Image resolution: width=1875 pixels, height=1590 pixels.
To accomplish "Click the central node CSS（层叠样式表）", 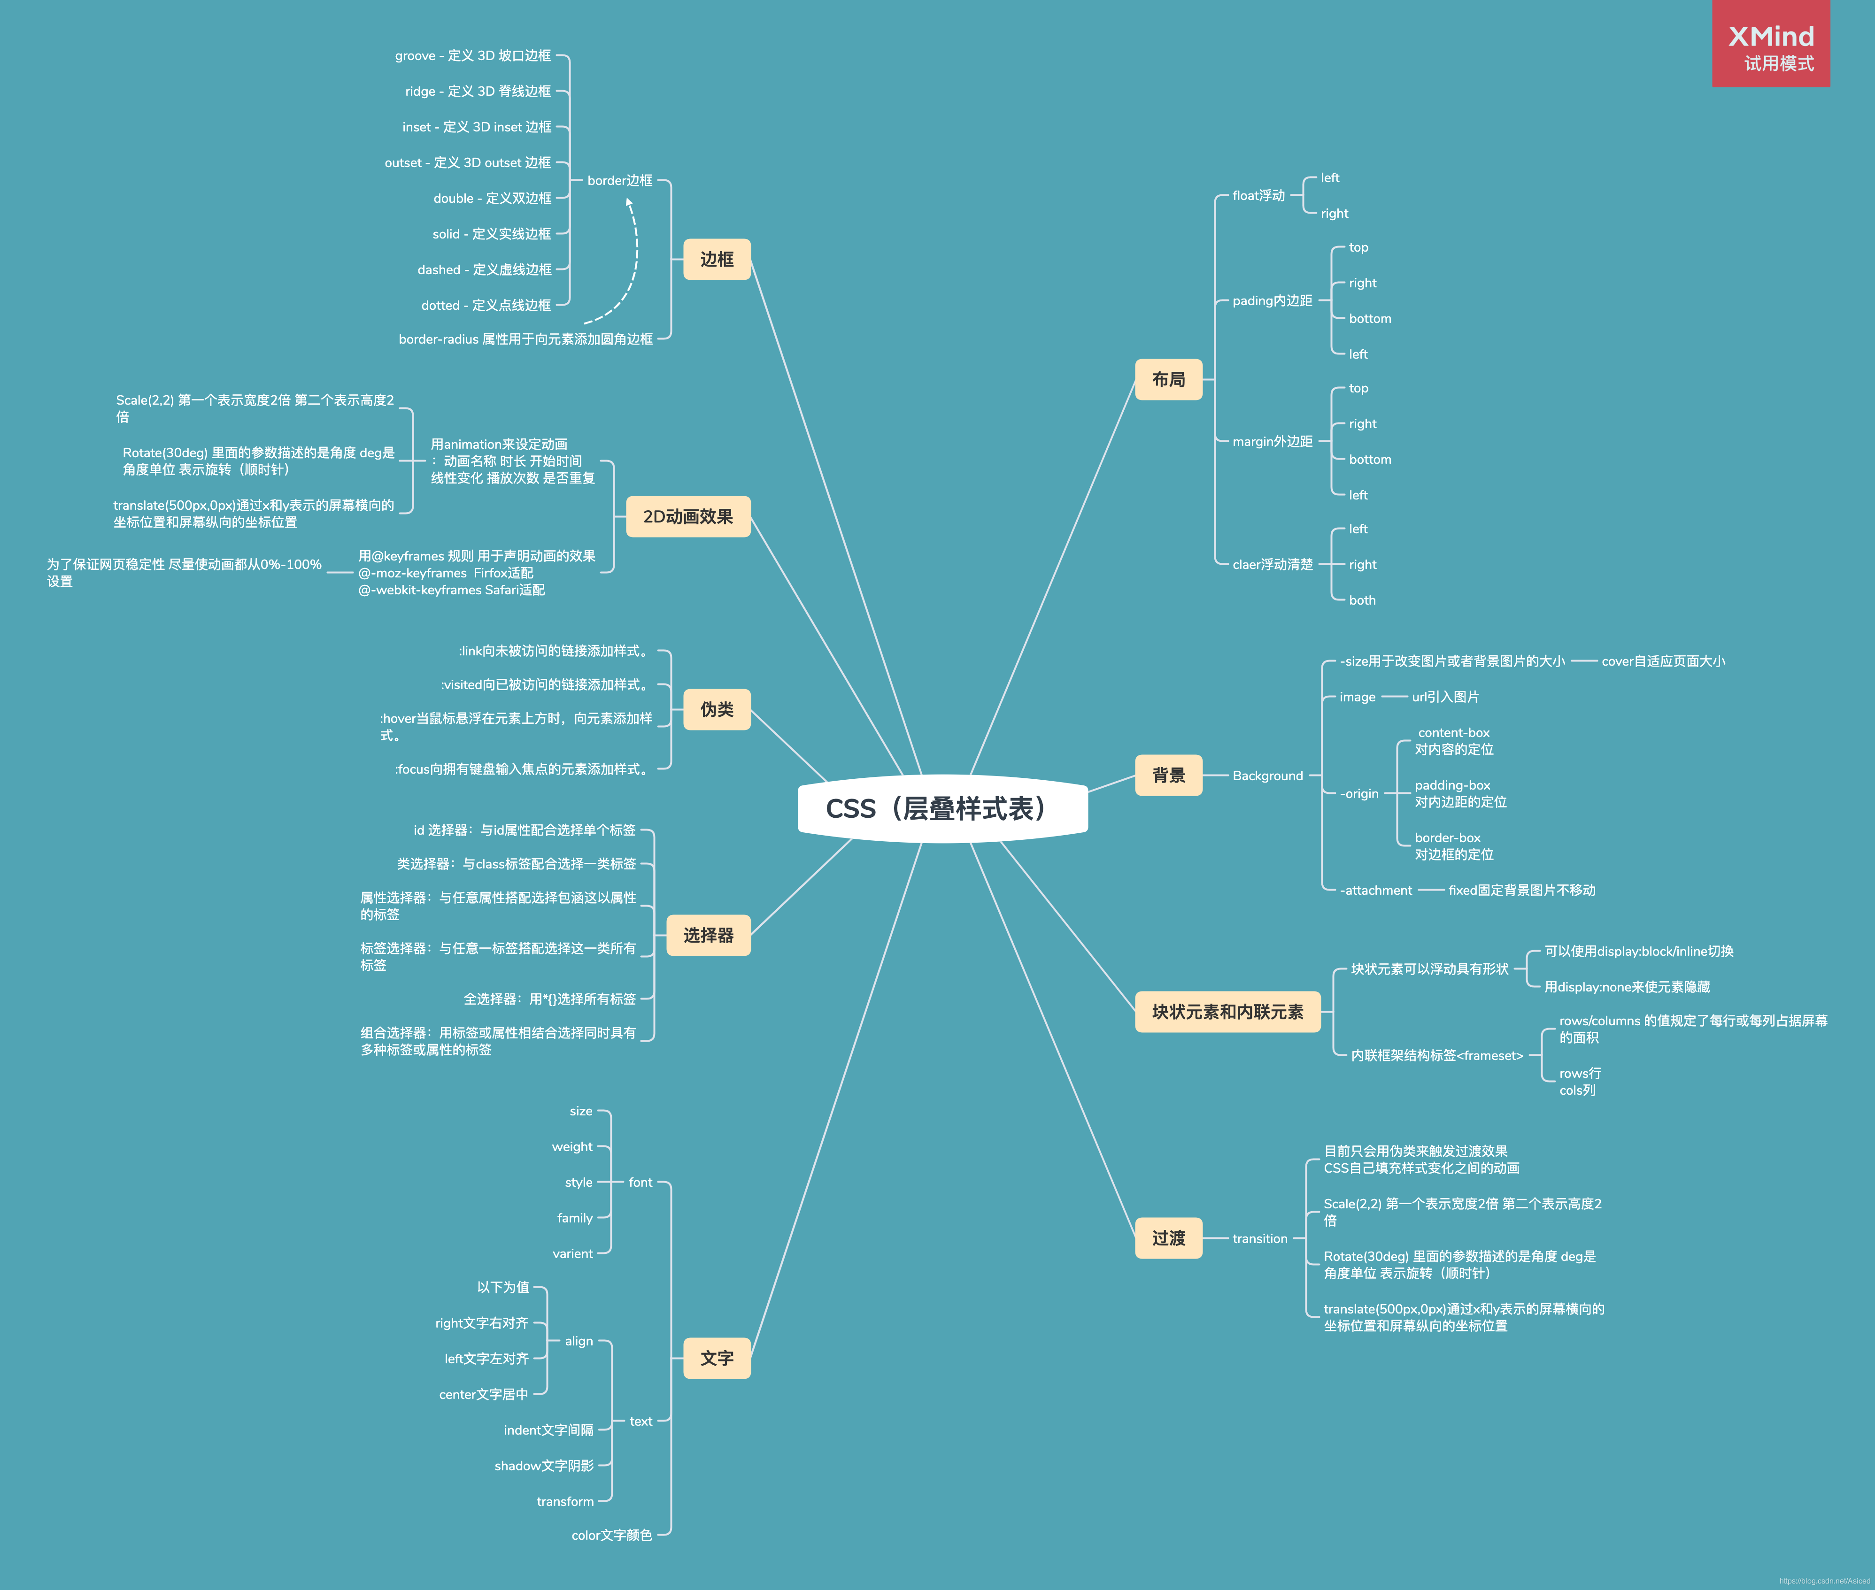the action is [x=942, y=808].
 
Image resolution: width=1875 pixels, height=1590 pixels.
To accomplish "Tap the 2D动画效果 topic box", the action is [x=688, y=516].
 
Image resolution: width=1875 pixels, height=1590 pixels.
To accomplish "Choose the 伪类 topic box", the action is [x=717, y=709].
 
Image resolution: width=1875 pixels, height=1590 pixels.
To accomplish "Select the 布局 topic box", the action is [x=1168, y=379].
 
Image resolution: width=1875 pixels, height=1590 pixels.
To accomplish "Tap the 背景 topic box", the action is [x=1168, y=775].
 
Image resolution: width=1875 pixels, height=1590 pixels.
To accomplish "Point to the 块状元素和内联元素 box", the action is [x=1228, y=1011].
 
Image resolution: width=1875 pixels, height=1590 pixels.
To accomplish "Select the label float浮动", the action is [x=1258, y=196].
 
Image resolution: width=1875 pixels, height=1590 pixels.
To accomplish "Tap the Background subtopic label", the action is [x=1267, y=776].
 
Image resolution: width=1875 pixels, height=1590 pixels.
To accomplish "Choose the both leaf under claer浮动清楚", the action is [x=1362, y=600].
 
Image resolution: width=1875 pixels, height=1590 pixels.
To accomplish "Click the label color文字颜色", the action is [x=611, y=1535].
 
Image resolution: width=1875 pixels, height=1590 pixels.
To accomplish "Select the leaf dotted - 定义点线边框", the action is [x=486, y=306].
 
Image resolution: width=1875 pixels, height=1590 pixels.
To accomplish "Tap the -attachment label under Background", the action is [x=1375, y=891].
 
